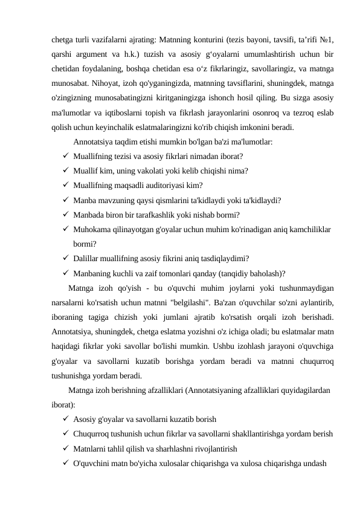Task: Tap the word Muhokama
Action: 91,230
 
